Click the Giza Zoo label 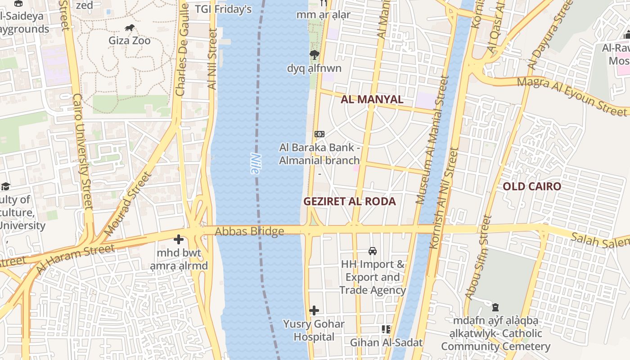coord(130,40)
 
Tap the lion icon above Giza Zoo coord(130,28)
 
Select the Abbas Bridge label coord(249,231)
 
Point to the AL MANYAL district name coord(372,99)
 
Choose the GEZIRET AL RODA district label coord(350,201)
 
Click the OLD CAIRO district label coord(532,186)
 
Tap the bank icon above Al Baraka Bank coord(319,134)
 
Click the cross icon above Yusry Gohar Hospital coord(314,310)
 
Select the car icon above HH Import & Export coord(373,251)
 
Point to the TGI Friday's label coord(223,9)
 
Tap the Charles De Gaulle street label coord(182,49)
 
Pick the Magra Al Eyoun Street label coord(571,95)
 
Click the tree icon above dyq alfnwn coord(314,55)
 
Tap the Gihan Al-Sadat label coord(387,342)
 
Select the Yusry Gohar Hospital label coord(314,330)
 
